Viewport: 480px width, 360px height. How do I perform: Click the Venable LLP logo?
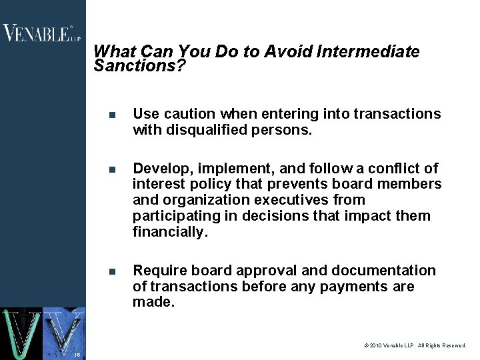click(41, 33)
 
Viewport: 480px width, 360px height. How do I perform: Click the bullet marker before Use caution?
click(113, 115)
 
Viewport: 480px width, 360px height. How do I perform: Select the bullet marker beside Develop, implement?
click(113, 169)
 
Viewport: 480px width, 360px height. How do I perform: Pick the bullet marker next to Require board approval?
click(113, 272)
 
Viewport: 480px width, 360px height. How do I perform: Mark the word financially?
click(170, 232)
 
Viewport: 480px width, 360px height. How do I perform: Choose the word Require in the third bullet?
click(160, 271)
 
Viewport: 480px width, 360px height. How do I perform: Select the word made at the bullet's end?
click(153, 303)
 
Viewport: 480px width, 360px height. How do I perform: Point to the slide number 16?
click(77, 355)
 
